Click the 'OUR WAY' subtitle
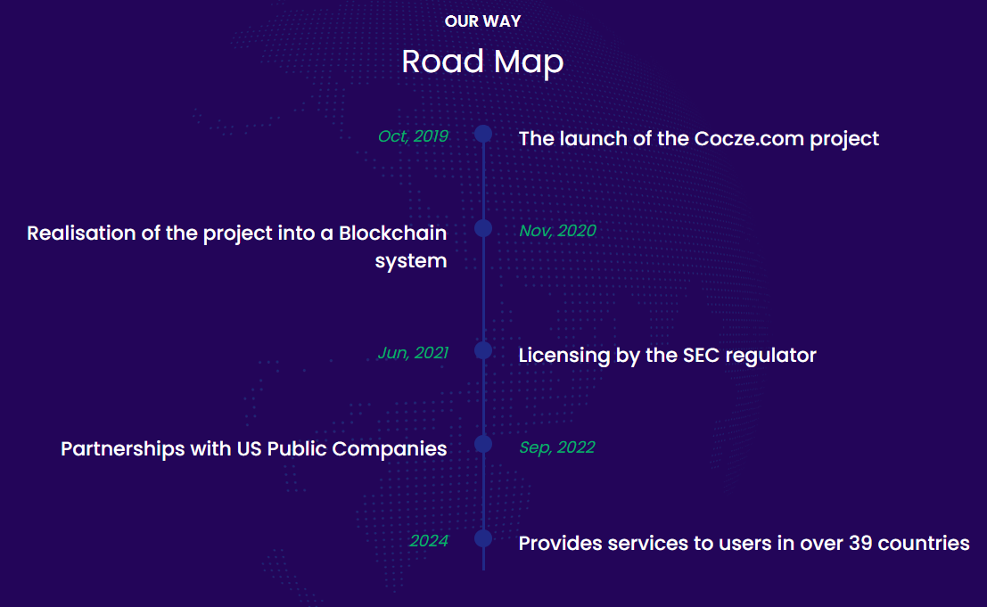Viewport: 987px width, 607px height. point(482,21)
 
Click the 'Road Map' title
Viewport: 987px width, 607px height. point(482,62)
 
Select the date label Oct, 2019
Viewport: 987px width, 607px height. point(413,136)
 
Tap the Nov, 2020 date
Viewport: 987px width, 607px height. point(558,231)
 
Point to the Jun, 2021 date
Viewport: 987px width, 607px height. point(413,353)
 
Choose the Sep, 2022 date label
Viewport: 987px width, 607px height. point(557,447)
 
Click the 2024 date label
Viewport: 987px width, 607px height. point(429,541)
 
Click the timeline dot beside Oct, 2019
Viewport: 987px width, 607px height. point(483,134)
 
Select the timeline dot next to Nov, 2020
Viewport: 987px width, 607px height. point(483,227)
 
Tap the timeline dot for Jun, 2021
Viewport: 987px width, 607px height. point(483,349)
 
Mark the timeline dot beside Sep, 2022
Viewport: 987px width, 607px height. point(483,444)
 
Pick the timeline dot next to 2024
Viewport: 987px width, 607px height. point(483,538)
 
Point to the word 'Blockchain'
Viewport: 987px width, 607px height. point(393,233)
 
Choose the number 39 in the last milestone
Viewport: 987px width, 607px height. point(860,544)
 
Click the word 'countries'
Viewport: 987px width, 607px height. point(924,544)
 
